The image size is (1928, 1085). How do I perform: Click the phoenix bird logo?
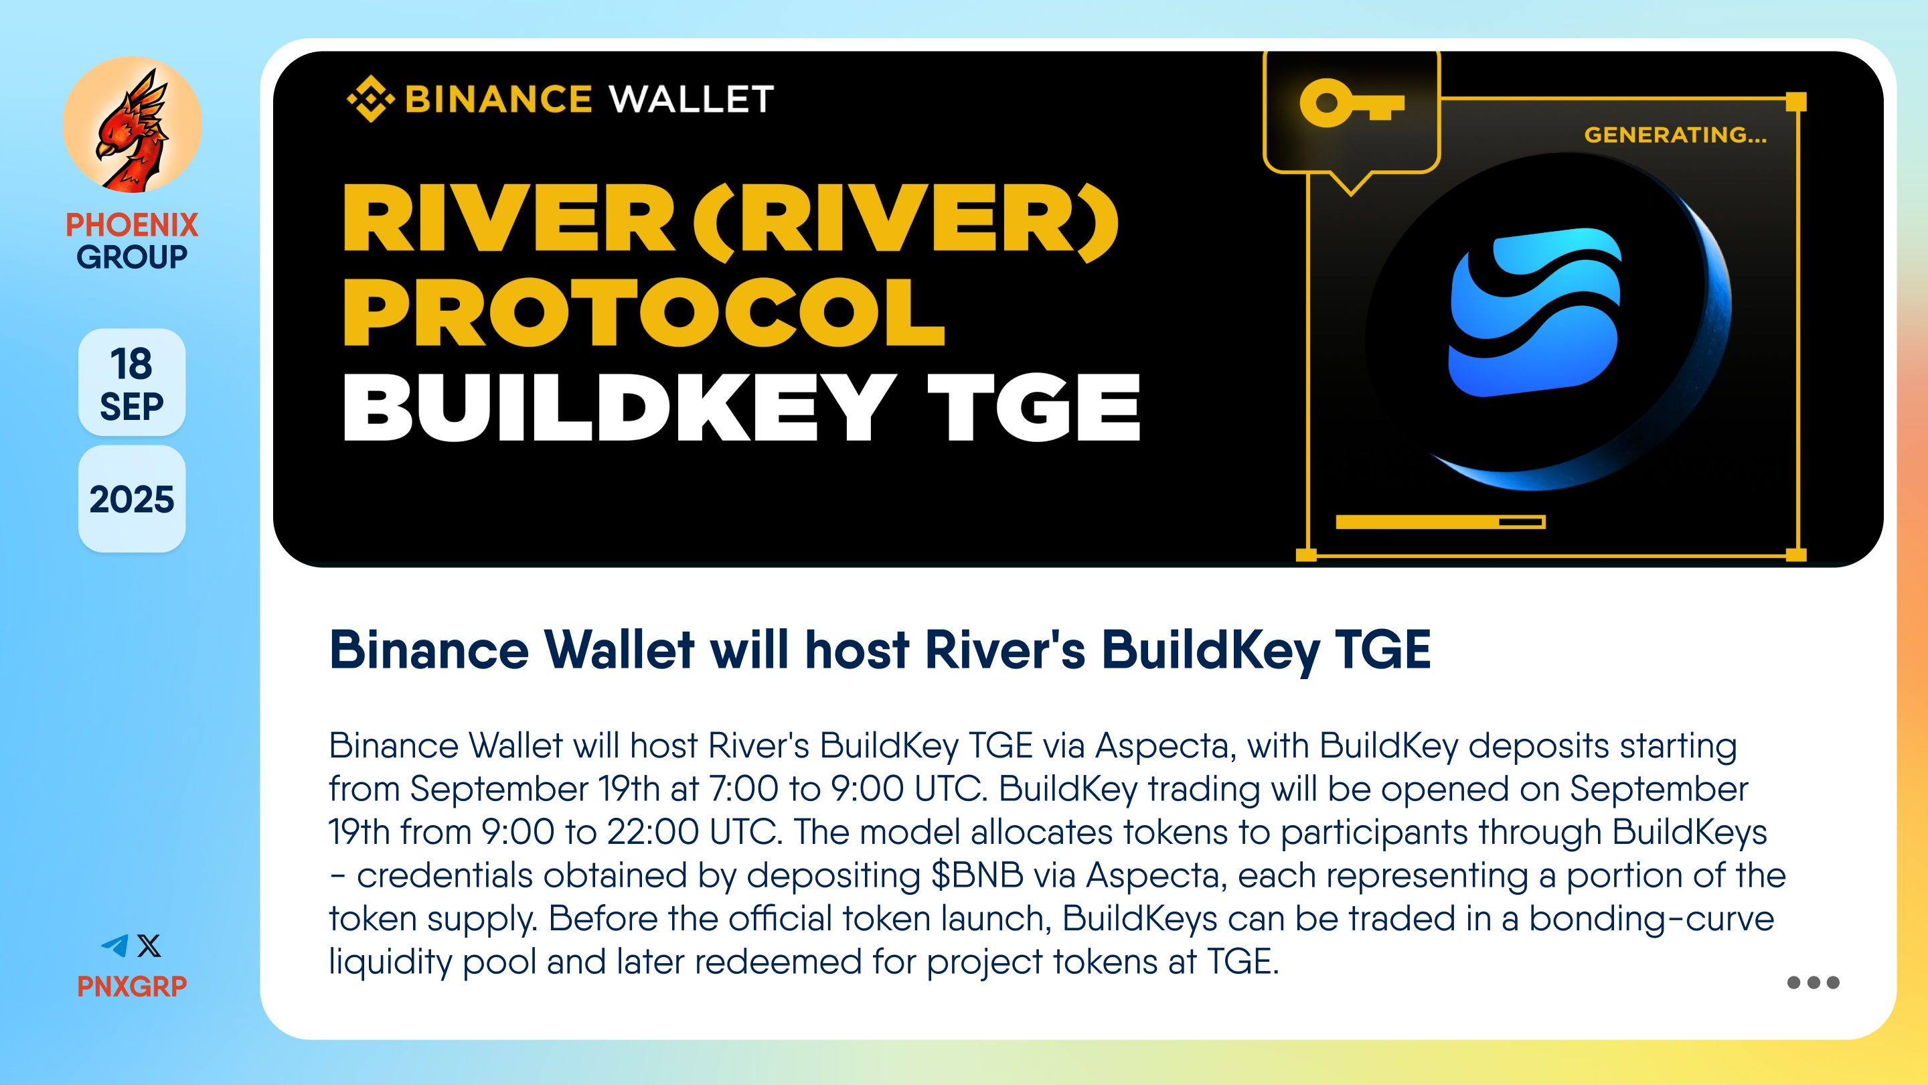pos(133,125)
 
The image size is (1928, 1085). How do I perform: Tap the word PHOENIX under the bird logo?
pos(132,224)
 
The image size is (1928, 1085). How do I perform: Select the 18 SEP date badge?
pos(132,382)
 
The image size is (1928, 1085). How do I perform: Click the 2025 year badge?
pos(132,499)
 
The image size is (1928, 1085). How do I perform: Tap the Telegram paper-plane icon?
pos(114,946)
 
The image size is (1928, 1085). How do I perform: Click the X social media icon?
pos(149,946)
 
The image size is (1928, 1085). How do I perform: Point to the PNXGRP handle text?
pos(132,986)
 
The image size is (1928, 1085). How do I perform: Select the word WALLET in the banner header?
pos(692,100)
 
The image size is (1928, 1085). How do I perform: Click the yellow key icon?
pos(1352,103)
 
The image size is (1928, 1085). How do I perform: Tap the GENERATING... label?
pos(1675,135)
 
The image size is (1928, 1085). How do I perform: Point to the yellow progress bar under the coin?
pos(1440,522)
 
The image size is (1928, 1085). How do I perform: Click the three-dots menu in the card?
pos(1813,983)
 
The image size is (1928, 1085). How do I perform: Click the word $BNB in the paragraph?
pos(977,875)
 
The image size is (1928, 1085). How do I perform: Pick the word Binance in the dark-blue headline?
pos(429,649)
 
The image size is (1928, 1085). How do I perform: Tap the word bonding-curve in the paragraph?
pos(1651,919)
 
